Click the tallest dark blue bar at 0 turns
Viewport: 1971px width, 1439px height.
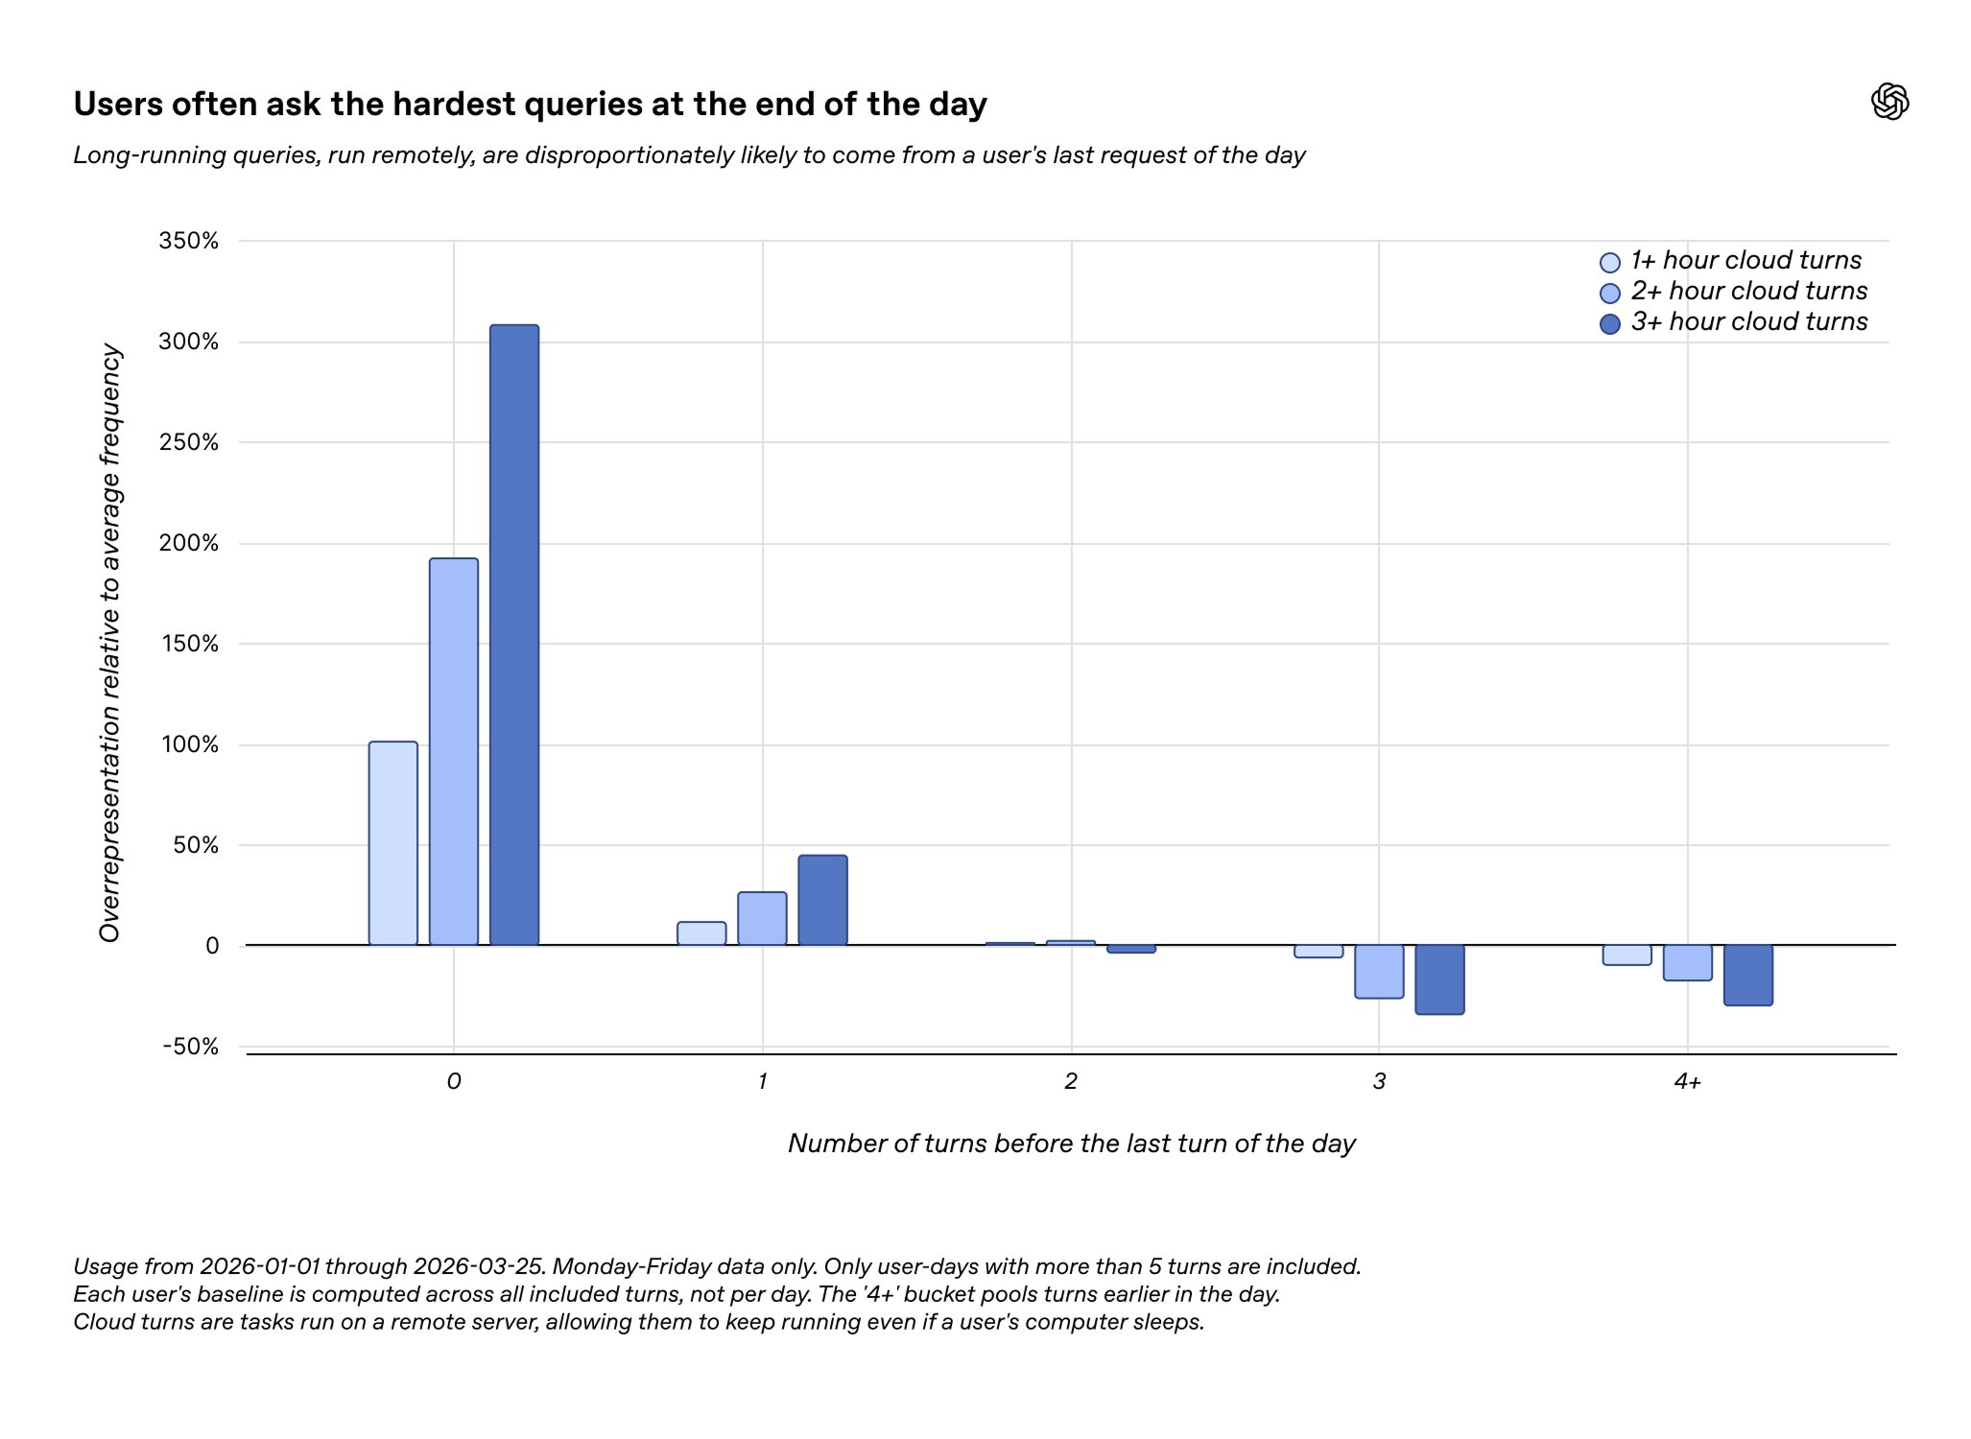click(x=514, y=634)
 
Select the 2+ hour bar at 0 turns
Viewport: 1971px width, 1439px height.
click(x=454, y=751)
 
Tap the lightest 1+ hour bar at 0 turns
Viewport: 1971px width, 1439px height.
click(x=393, y=843)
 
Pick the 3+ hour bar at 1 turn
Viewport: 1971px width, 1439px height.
click(x=822, y=900)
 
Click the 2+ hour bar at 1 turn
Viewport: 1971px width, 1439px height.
click(x=762, y=918)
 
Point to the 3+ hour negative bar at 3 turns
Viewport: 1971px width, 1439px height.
click(x=1439, y=979)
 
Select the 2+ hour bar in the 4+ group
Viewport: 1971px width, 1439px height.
click(x=1687, y=962)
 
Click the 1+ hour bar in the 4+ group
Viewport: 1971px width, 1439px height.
click(x=1627, y=955)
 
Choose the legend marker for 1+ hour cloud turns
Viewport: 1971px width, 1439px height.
click(x=1610, y=262)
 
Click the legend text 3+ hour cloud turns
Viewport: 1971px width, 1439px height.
click(x=1748, y=321)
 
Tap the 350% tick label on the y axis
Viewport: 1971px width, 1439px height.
click(x=189, y=241)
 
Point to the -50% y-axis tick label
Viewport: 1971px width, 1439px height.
click(x=191, y=1047)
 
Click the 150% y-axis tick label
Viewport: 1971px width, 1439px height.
click(x=189, y=644)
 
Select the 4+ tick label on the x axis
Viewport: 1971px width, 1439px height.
click(x=1687, y=1082)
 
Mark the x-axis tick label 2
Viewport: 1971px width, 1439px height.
click(x=1070, y=1082)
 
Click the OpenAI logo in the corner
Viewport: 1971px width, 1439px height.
click(x=1889, y=102)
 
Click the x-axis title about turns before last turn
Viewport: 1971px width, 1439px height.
click(x=1071, y=1144)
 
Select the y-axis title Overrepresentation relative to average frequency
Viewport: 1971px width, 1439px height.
click(x=110, y=643)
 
